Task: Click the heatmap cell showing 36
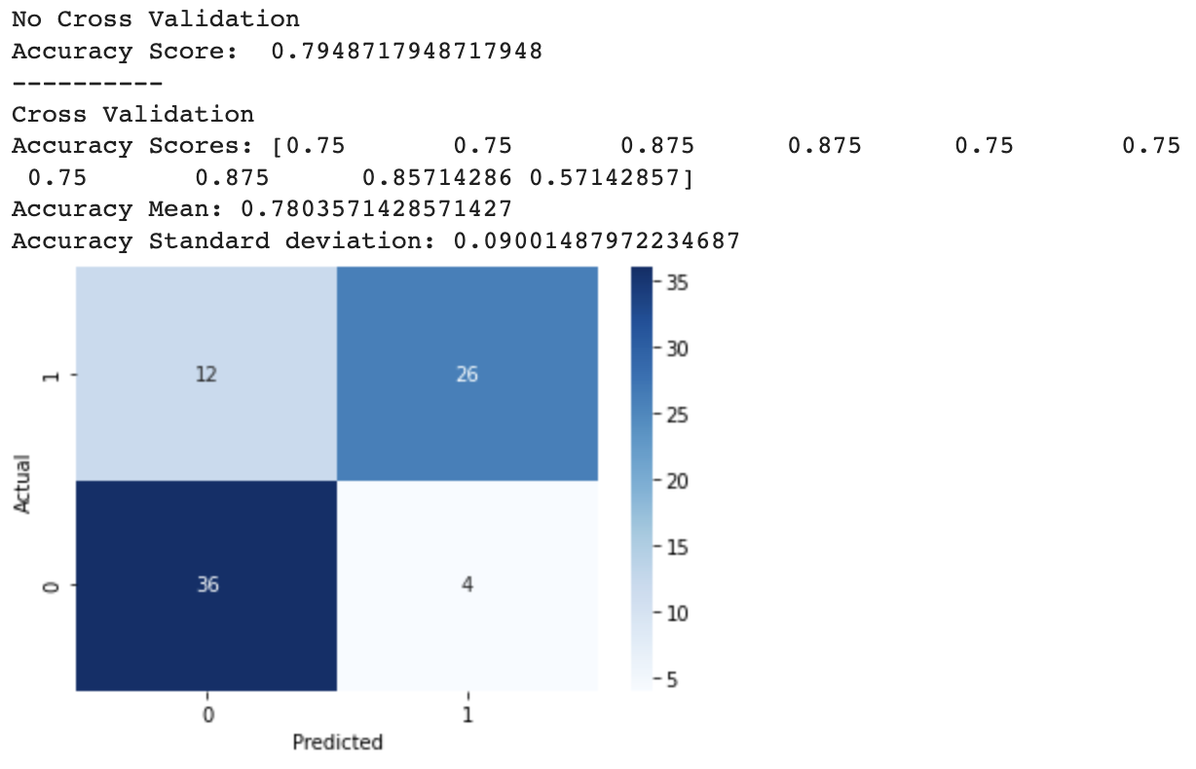(x=206, y=586)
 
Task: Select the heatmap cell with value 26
(x=467, y=374)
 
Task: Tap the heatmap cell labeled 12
(x=206, y=374)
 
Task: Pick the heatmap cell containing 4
(x=467, y=586)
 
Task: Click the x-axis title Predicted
(x=337, y=743)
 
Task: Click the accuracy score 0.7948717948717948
(x=406, y=52)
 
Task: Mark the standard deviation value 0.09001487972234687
(x=596, y=240)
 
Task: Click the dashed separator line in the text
(x=87, y=84)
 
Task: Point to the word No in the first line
(x=26, y=19)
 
